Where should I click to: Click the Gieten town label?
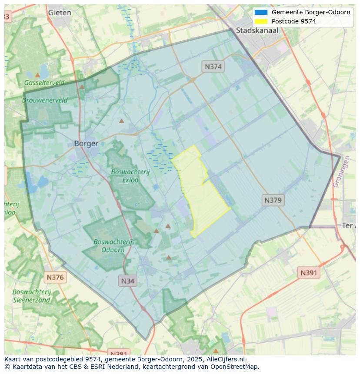tap(60, 13)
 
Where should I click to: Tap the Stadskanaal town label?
tap(257, 30)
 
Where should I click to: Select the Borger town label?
tap(86, 143)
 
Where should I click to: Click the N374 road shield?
tap(213, 66)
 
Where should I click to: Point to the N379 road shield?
tap(273, 200)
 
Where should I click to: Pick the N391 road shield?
tap(309, 273)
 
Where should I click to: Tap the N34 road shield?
tap(127, 281)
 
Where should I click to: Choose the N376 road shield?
tap(55, 277)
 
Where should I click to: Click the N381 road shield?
tap(117, 353)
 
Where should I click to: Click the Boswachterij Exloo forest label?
tap(130, 175)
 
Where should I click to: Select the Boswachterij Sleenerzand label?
tap(31, 296)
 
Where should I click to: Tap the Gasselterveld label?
tap(44, 83)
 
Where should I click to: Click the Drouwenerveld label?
tap(45, 100)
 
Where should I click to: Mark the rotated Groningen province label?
tap(341, 172)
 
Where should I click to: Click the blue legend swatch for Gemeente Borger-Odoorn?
tap(261, 12)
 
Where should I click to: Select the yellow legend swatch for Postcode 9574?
tap(261, 21)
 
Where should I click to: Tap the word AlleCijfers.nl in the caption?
tap(225, 359)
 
